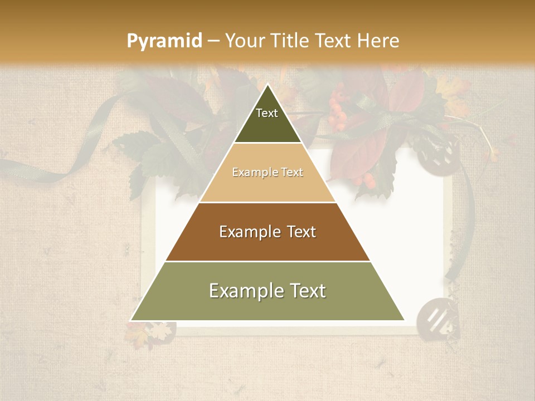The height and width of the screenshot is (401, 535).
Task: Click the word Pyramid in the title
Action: coord(164,41)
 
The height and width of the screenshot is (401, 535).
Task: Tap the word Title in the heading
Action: coord(289,41)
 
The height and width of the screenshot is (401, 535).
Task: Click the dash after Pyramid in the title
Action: coord(213,41)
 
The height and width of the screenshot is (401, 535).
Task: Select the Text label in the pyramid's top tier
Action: coord(267,113)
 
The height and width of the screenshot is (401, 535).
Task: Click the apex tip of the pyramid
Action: coord(268,84)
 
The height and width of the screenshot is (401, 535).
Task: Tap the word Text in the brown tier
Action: coord(301,232)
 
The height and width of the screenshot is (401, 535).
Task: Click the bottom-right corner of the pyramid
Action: coord(404,320)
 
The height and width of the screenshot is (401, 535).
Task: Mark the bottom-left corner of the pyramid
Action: coord(131,320)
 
